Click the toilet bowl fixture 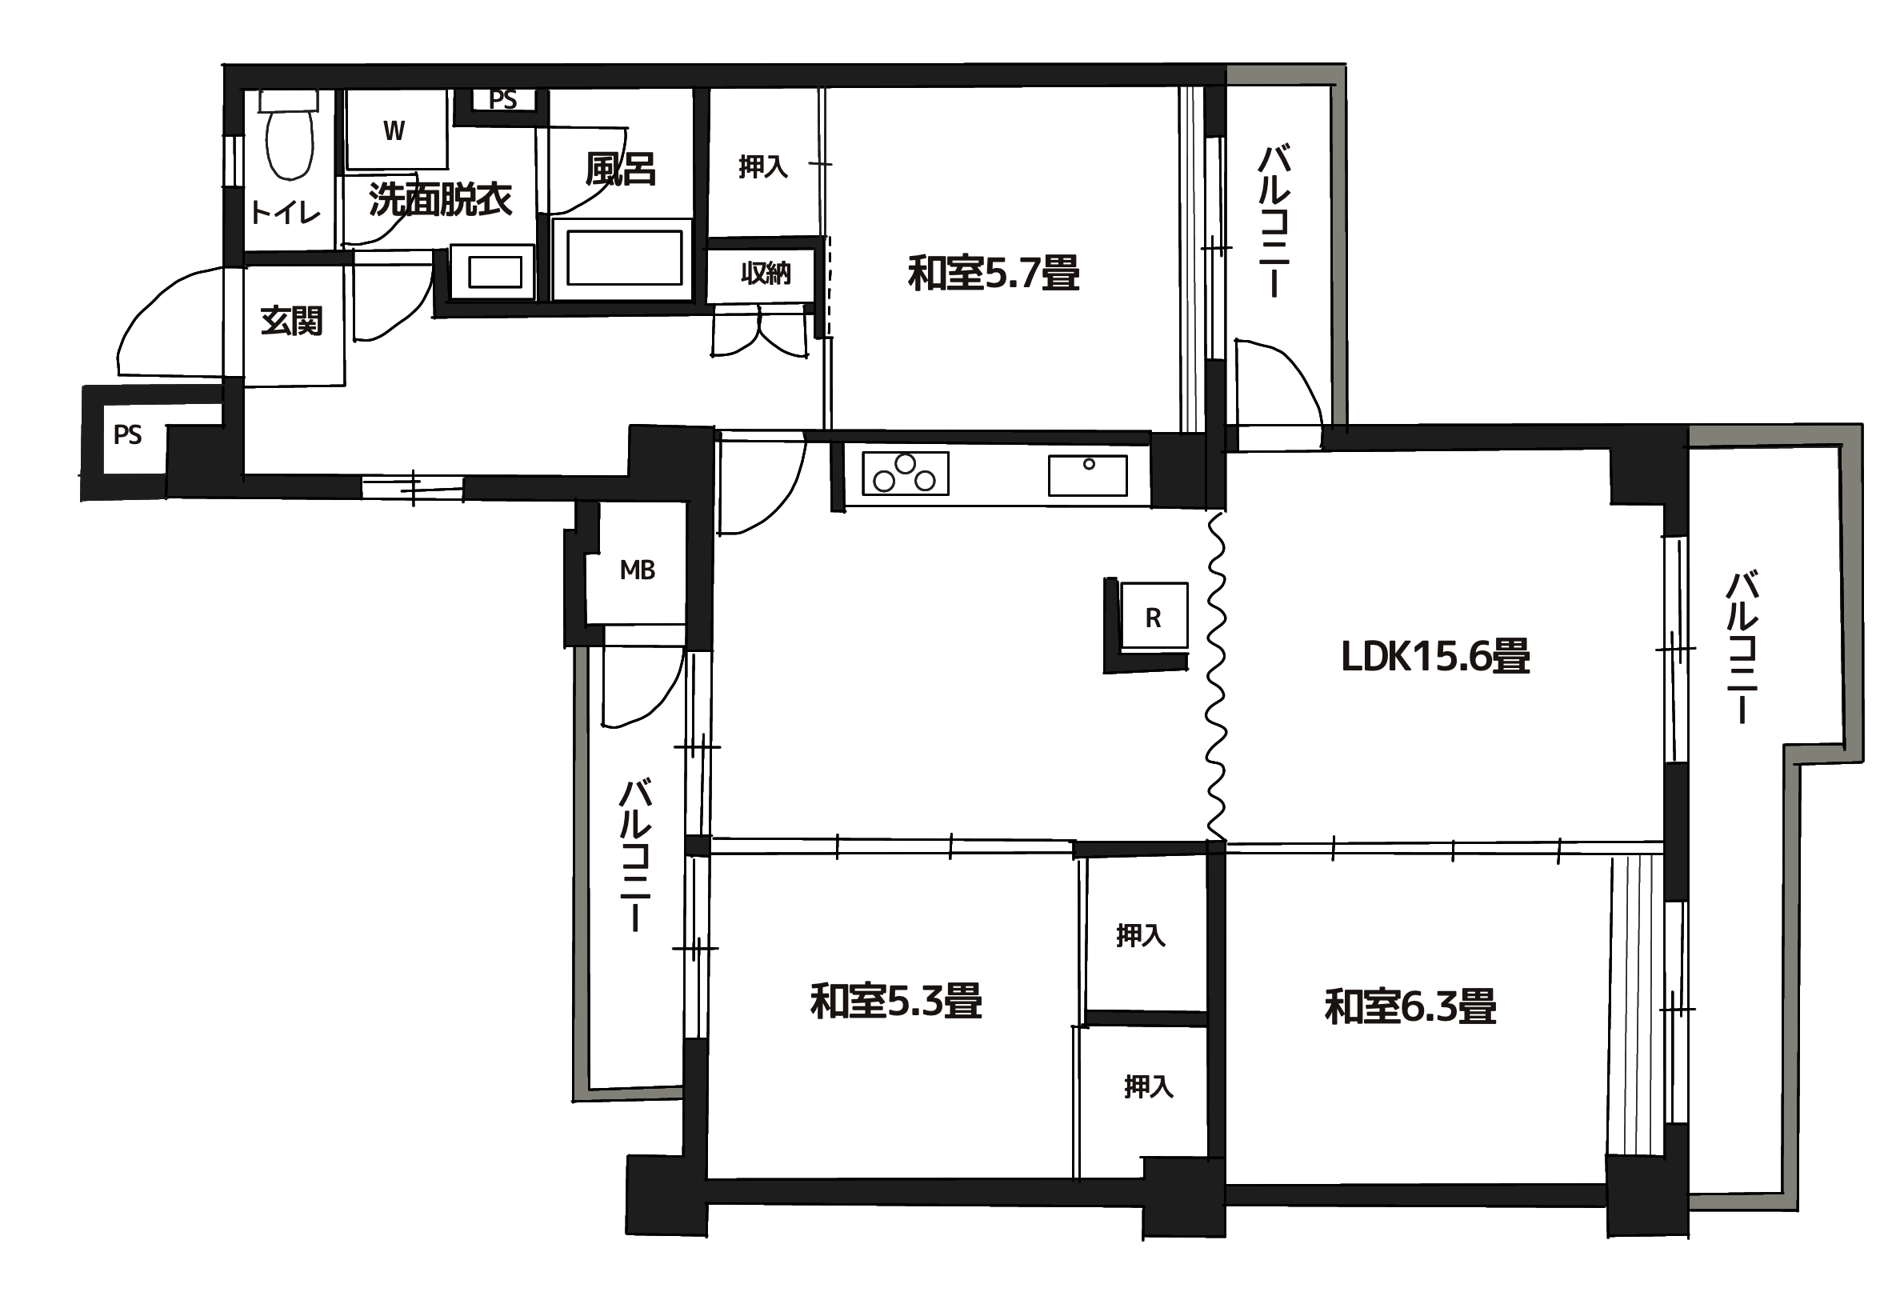pos(290,135)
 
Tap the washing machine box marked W pos(395,129)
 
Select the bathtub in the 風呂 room pos(623,258)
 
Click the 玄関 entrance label pos(292,321)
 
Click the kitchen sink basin pos(1086,476)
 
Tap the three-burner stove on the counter pos(905,474)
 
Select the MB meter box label pos(637,570)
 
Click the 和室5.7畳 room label pos(993,273)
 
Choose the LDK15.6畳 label pos(1435,656)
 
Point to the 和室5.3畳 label pos(896,1002)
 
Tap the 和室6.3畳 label pos(1410,1006)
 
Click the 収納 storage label pos(766,273)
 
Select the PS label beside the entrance pos(127,434)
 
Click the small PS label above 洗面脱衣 pos(503,99)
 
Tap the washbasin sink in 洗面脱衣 pos(495,271)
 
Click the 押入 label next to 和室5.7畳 pos(762,167)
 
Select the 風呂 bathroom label pos(621,169)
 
